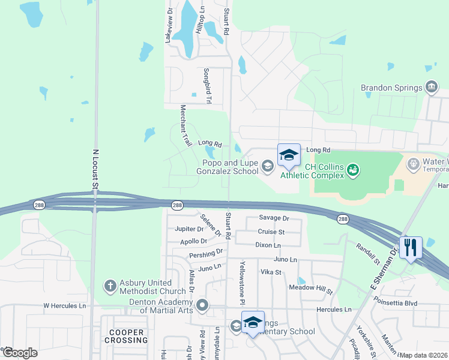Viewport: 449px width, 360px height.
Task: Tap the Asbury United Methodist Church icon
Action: (110, 286)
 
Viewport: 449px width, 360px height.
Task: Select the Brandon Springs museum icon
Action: (431, 88)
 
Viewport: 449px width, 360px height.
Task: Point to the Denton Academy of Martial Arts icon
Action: (202, 305)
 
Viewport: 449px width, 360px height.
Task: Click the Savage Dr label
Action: (274, 218)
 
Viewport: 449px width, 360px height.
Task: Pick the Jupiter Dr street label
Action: (189, 229)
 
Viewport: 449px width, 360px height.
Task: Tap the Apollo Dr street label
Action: (193, 241)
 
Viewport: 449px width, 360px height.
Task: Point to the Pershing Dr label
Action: (206, 254)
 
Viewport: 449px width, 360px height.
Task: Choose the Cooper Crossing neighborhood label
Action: (127, 336)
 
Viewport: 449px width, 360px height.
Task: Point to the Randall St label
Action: (368, 253)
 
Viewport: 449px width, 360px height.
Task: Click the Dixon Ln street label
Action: (268, 245)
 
